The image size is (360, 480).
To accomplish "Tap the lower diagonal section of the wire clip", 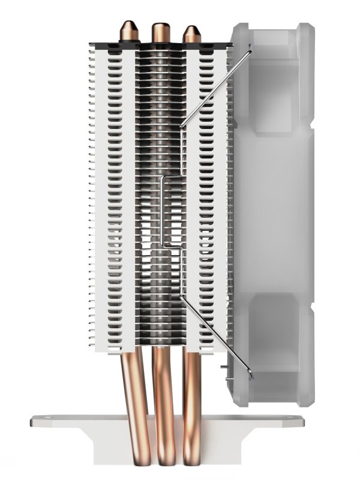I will click(x=216, y=336).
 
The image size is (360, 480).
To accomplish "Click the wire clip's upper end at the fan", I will click(x=250, y=52).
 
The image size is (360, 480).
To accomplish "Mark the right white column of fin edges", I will click(x=207, y=198).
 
